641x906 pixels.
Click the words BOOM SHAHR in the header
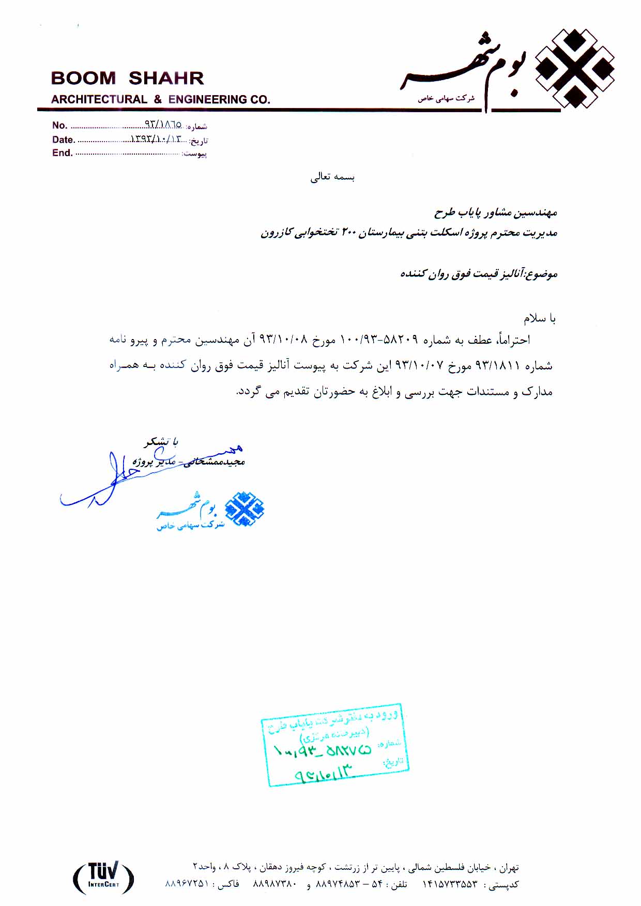pos(127,78)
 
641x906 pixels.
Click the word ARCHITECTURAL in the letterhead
pos(99,99)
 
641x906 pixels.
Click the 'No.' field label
pos(59,125)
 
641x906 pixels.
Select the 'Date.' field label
pos(63,140)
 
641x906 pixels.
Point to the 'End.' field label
pos(62,153)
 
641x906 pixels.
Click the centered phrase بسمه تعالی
pos(332,177)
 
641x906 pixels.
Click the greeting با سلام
pos(539,318)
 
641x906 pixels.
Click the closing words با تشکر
pos(161,442)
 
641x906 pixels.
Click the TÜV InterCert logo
pos(103,877)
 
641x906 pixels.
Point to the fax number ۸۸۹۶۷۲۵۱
pos(186,884)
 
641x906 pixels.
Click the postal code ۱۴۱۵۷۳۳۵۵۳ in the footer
pos(450,884)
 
